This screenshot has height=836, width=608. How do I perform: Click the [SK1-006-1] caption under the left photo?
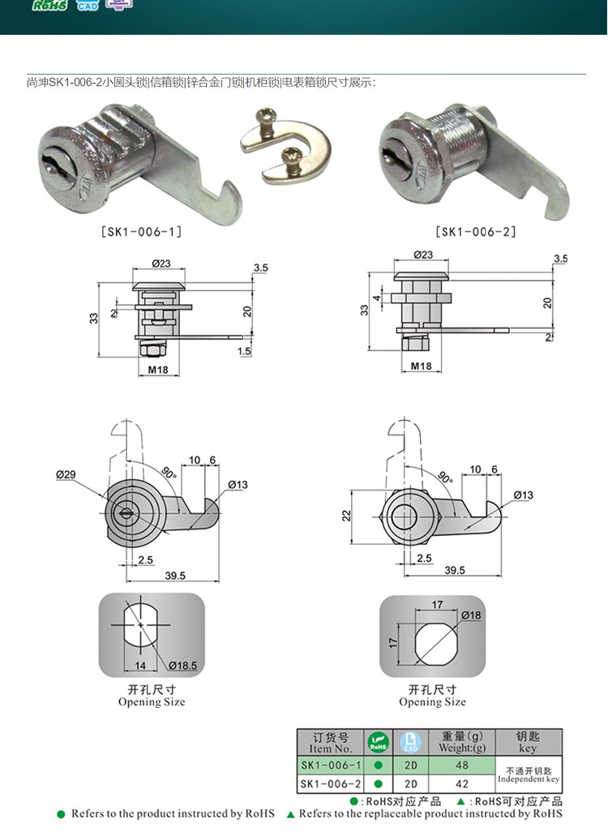coord(141,232)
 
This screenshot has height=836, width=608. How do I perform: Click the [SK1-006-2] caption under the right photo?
coord(476,232)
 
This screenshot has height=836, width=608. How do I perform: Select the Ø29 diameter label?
coord(66,474)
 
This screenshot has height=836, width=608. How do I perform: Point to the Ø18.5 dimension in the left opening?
coord(182,666)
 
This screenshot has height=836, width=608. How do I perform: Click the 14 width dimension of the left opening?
coord(139,665)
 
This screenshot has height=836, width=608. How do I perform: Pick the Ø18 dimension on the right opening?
coord(471,615)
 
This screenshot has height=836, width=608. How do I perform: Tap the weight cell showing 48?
coord(461,765)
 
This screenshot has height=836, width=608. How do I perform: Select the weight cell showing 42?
coord(461,784)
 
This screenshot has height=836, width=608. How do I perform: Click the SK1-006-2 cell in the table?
coord(331,784)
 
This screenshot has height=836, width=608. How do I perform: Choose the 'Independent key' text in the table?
coord(528,779)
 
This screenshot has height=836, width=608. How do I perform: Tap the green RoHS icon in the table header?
coord(379,742)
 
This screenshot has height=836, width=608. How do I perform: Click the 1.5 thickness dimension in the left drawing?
coord(245,351)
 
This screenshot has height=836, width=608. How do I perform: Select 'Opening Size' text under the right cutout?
coord(432,702)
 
